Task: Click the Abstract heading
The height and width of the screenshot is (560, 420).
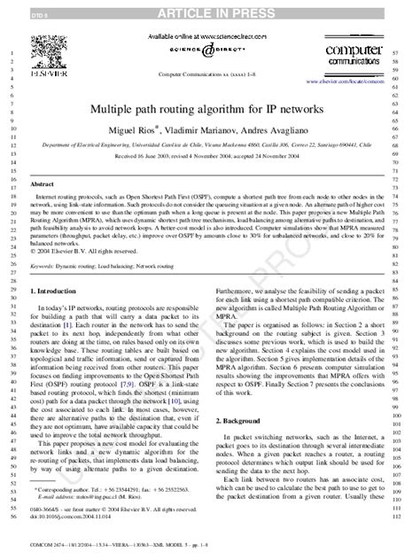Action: click(x=43, y=183)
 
